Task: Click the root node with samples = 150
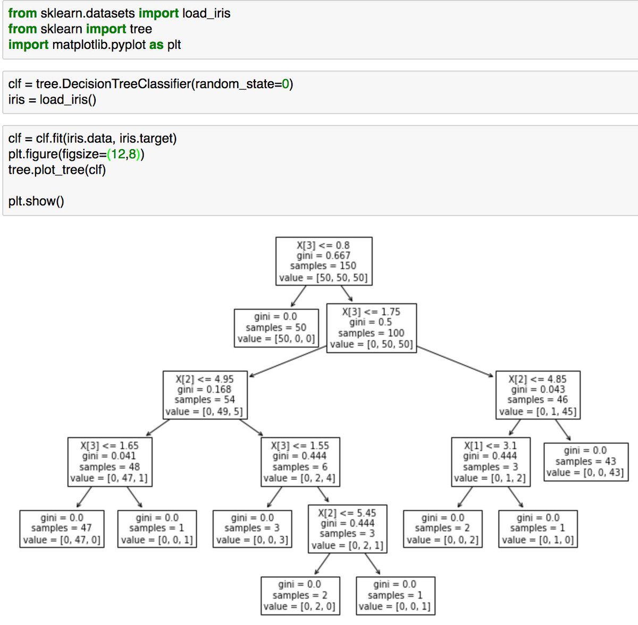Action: coord(323,261)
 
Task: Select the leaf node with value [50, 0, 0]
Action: coord(276,328)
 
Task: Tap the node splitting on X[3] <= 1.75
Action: coord(371,328)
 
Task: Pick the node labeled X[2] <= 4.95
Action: coord(205,395)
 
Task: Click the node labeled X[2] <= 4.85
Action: coord(538,395)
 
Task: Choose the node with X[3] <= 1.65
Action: coord(109,461)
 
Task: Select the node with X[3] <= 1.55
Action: coord(300,461)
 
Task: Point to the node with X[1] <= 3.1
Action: coord(490,461)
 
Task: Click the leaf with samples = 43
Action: coord(585,461)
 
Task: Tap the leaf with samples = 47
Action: coord(61,528)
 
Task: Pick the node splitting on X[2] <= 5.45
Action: coord(347,528)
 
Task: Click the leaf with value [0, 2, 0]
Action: coord(300,595)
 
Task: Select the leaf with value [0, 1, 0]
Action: coord(538,528)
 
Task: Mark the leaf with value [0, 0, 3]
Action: coord(252,528)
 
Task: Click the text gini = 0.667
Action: coord(323,255)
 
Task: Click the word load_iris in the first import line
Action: coord(206,13)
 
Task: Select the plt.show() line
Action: coord(36,201)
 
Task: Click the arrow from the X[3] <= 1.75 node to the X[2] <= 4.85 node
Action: coord(455,362)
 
